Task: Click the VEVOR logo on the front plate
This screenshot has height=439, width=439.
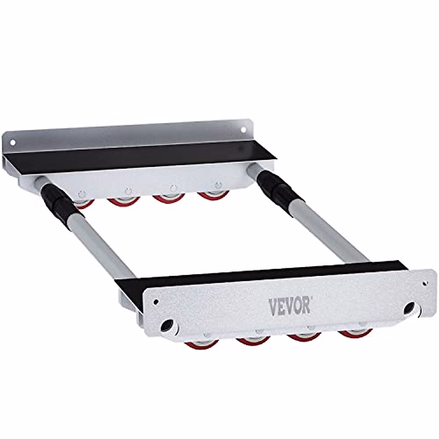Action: pyautogui.click(x=289, y=307)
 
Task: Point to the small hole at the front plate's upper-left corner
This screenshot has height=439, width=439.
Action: pyautogui.click(x=156, y=302)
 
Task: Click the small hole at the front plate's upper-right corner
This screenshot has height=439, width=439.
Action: pyautogui.click(x=424, y=284)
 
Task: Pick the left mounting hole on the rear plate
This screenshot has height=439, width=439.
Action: pyautogui.click(x=12, y=143)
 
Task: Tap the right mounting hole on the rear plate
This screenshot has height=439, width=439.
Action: pyautogui.click(x=243, y=130)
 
